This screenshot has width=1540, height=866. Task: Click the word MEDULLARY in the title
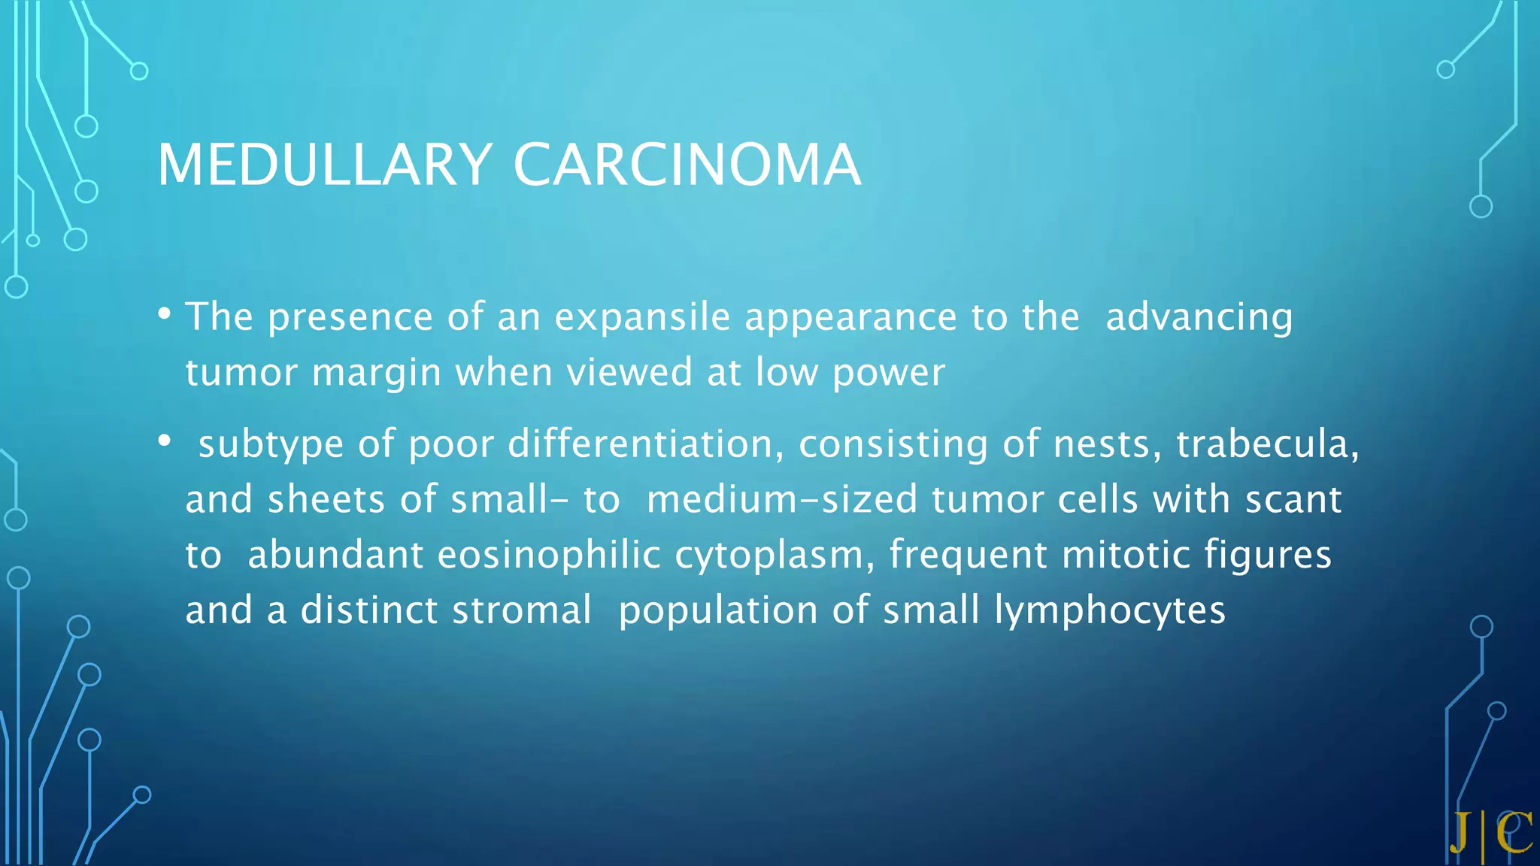coord(324,165)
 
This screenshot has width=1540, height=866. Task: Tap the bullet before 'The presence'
coord(165,313)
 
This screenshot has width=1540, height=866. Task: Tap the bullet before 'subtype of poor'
coord(165,441)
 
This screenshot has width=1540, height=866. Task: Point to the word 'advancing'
coord(1199,316)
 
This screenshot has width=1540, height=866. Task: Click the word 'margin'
coord(376,372)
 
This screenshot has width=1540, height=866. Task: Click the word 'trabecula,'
coord(1268,444)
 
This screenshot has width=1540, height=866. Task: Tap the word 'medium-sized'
coord(782,499)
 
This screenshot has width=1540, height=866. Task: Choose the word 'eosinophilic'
coord(549,555)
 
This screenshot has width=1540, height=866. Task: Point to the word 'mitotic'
coord(1125,555)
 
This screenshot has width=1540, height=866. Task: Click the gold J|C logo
coord(1491,834)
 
